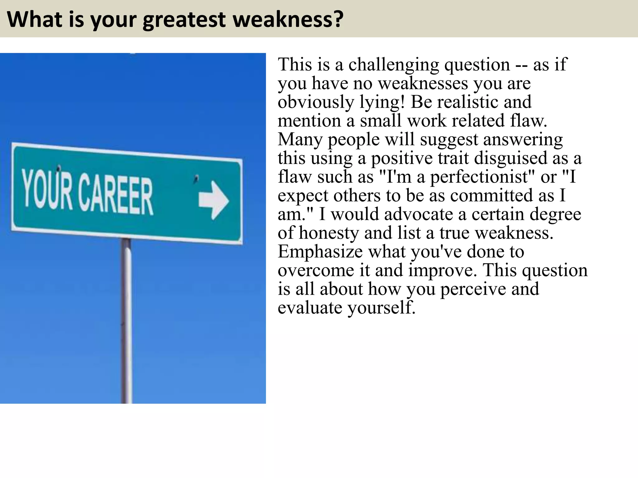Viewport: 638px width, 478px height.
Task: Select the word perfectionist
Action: [479, 177]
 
